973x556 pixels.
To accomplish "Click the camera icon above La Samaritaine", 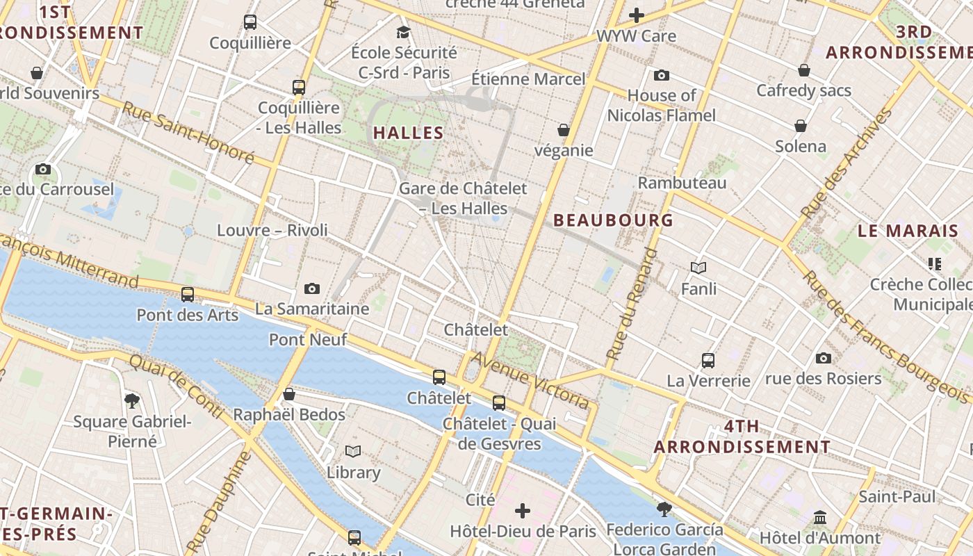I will (x=312, y=288).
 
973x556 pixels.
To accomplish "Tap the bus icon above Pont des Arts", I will (x=188, y=294).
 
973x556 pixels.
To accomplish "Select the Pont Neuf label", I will (x=307, y=340).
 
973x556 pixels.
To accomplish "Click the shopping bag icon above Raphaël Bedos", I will (x=289, y=395).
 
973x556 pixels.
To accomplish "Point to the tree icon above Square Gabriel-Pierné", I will (x=132, y=400).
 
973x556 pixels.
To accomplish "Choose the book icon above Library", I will (x=353, y=452).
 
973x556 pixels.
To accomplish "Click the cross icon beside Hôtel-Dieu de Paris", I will (x=523, y=512).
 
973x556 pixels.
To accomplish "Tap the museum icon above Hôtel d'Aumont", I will (x=820, y=518).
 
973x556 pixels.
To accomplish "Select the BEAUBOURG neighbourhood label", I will (x=614, y=220).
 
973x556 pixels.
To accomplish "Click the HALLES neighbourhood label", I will (x=409, y=133).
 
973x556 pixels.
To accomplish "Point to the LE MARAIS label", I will (x=908, y=231).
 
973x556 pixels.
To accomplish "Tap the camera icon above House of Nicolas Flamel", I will (x=662, y=75).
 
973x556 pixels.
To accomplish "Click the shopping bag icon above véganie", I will (x=564, y=130).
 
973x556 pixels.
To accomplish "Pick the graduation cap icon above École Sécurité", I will (x=403, y=32).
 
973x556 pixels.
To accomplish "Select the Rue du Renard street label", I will (x=632, y=304).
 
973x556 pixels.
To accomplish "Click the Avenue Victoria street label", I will (x=530, y=380).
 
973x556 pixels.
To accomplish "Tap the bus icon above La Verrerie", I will (x=708, y=361).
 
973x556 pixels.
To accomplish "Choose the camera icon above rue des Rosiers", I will (x=824, y=359).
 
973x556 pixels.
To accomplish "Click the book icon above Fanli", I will (x=698, y=268).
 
